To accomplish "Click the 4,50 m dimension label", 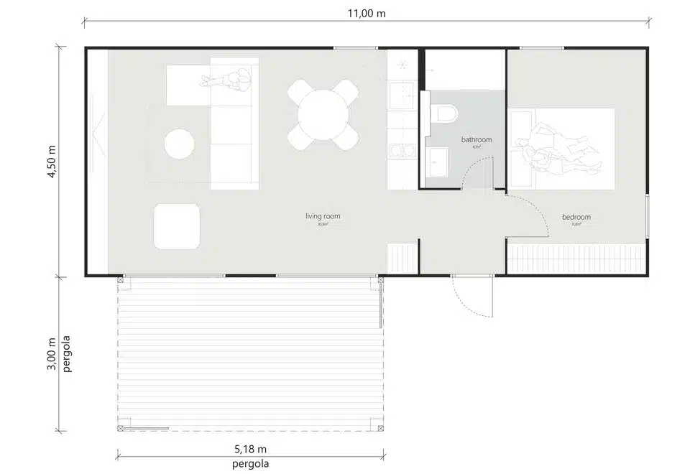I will (51, 162).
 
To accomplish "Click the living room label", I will (322, 215).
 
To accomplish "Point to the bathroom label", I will (476, 139).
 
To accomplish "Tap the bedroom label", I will (576, 217).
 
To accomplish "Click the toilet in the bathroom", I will (446, 113).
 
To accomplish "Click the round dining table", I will (323, 115).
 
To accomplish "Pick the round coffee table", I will (179, 144).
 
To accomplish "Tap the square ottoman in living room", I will (177, 225).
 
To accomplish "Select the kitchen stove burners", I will (400, 151).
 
